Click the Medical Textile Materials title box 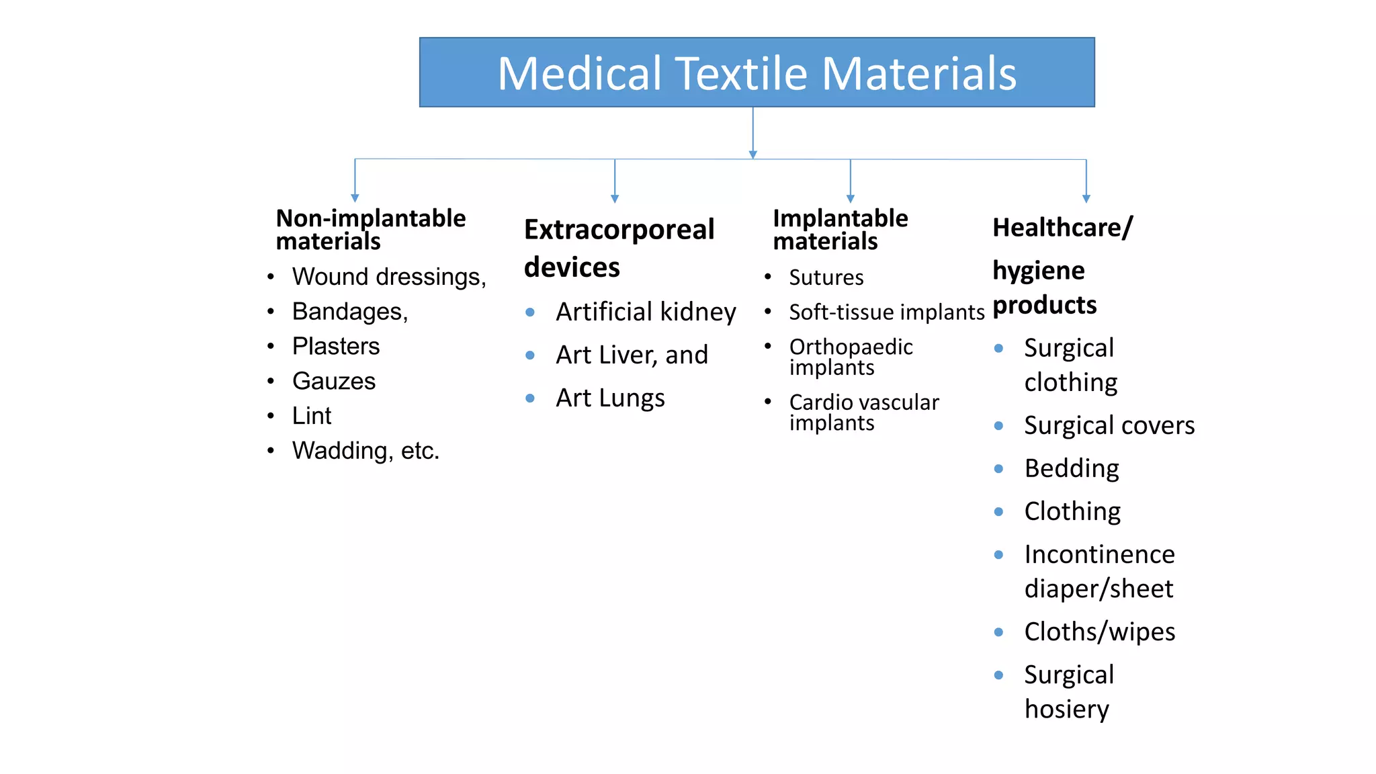point(757,73)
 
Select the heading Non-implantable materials point(370,230)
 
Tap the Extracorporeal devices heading point(618,248)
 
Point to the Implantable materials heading point(840,230)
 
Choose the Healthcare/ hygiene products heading point(1062,266)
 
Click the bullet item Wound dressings point(388,277)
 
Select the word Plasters point(336,347)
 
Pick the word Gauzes point(334,382)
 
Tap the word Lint point(312,416)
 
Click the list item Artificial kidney point(646,312)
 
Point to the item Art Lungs point(610,398)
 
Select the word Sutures point(826,277)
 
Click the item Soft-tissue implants point(887,312)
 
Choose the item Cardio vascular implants point(863,413)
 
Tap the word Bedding point(1072,469)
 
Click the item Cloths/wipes point(1100,632)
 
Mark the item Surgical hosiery point(1068,692)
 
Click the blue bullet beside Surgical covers point(999,426)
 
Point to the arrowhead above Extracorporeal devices point(615,199)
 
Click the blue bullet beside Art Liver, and point(530,355)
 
